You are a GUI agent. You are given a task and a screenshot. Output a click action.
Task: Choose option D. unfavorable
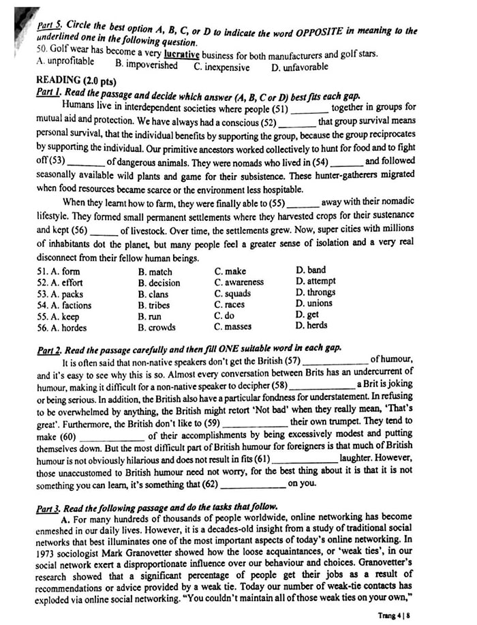300,67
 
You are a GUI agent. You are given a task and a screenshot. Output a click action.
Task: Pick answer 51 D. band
311,271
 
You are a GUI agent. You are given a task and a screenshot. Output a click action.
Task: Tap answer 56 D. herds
312,326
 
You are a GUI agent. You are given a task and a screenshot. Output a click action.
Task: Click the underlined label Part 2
50,348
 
